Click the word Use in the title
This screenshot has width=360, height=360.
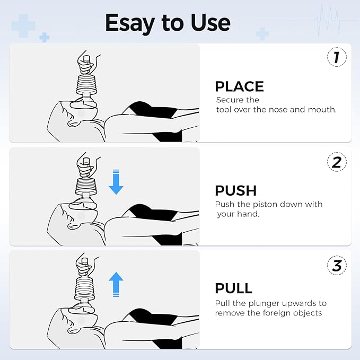click(x=210, y=22)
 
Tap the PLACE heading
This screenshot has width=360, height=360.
click(x=239, y=87)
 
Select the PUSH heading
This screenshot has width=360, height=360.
click(x=235, y=191)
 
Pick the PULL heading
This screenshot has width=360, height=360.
click(x=233, y=288)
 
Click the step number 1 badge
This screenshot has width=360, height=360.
click(x=336, y=57)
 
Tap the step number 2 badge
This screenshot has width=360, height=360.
click(x=336, y=162)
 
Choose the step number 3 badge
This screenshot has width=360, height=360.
click(x=336, y=266)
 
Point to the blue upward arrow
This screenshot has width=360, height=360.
click(x=116, y=284)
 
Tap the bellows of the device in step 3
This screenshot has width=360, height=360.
click(x=86, y=288)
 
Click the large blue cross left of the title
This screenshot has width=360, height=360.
click(x=23, y=26)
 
